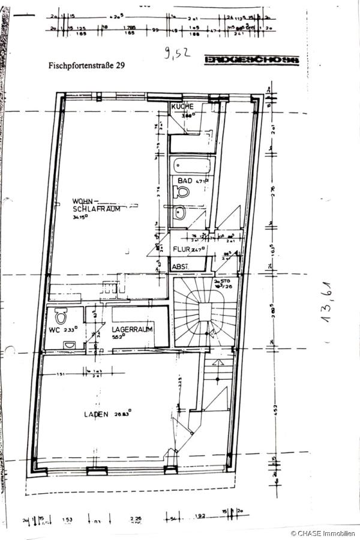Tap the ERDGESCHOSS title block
251,60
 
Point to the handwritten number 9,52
176,53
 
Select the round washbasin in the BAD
181,212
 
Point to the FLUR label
183,248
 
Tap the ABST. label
181,266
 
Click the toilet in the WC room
59,316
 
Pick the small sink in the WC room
70,345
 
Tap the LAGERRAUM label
131,329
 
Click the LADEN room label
96,413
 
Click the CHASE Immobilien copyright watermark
323,533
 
